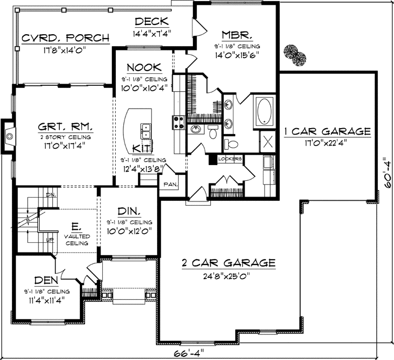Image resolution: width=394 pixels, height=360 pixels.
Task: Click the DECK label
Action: coord(152,22)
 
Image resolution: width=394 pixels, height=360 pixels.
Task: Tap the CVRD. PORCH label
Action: coord(65,39)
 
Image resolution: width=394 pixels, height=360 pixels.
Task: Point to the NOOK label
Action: coord(143,68)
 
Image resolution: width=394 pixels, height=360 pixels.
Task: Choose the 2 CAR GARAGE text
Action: coord(228,263)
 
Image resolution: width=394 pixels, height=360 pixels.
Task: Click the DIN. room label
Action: coord(128,212)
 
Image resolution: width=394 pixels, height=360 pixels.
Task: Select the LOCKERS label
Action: coord(229,159)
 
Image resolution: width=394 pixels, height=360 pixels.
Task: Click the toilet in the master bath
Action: coord(230,143)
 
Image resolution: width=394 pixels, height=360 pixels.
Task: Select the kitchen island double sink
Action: coord(145,131)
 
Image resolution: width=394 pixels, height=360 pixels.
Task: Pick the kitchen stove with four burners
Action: coord(178,123)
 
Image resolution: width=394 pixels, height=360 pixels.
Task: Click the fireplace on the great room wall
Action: coord(8,134)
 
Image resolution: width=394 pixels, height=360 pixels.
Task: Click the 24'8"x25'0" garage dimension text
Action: coord(228,275)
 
